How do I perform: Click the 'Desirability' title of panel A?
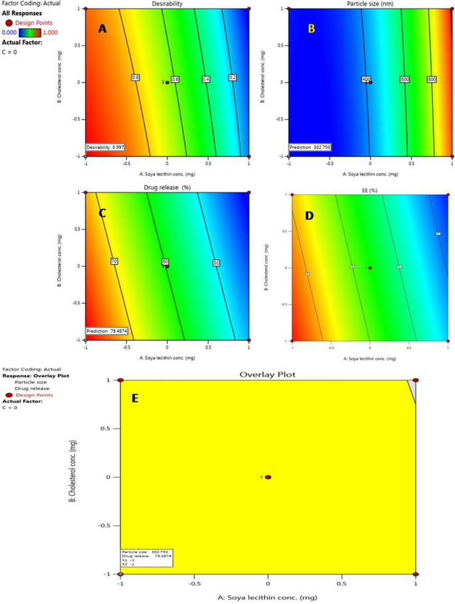click(167, 3)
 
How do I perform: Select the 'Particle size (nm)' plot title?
click(371, 3)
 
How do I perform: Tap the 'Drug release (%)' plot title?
click(167, 188)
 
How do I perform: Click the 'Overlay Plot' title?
click(268, 374)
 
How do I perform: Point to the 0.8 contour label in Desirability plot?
click(136, 78)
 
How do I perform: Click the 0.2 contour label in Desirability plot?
click(232, 78)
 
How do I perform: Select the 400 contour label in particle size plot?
click(366, 79)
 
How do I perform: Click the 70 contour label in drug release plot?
click(114, 262)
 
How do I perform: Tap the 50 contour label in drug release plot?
click(217, 263)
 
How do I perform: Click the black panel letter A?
click(102, 29)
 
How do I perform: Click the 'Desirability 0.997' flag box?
click(106, 146)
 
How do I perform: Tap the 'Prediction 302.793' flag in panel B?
click(310, 146)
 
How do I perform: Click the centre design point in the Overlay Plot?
click(268, 477)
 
